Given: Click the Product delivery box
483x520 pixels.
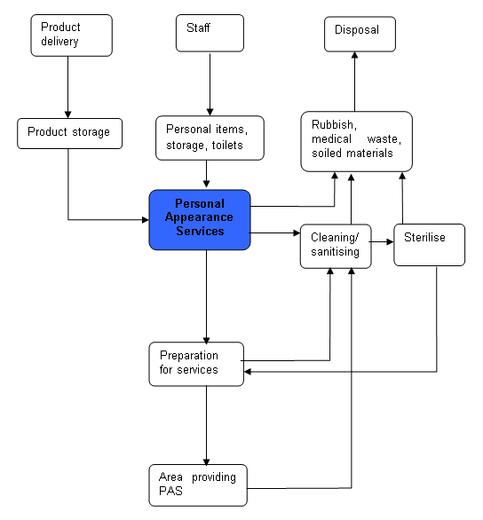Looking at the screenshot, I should [x=72, y=35].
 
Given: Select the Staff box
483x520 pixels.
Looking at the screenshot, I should [x=210, y=35].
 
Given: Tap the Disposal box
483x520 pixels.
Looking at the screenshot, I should [x=359, y=34].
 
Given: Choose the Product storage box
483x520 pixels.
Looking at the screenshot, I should [x=69, y=132].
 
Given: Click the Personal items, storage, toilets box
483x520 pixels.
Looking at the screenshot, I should [x=210, y=137].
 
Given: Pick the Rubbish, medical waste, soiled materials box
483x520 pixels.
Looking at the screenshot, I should [x=355, y=140].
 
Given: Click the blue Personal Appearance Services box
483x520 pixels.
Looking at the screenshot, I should [x=200, y=219].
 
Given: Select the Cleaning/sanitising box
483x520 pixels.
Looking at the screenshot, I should [x=335, y=245].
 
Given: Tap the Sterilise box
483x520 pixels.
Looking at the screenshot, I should [x=429, y=243].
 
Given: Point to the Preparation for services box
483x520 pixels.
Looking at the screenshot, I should [x=195, y=364].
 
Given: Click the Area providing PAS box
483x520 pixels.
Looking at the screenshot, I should [x=197, y=485].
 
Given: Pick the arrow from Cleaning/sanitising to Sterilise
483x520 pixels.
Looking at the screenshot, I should [x=382, y=240].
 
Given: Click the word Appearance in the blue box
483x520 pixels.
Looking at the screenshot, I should [x=200, y=217].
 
